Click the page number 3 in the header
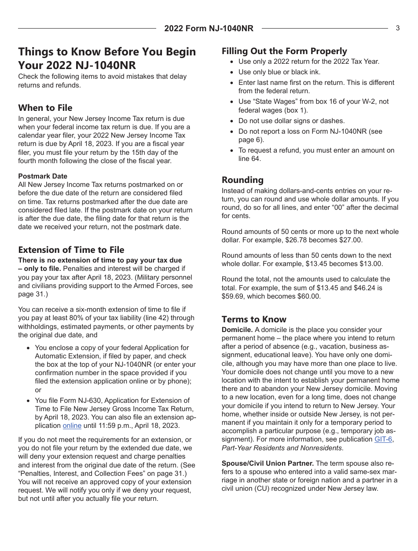[x=397, y=28]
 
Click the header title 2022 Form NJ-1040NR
[x=209, y=29]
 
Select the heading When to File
[x=45, y=108]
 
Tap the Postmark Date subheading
[x=43, y=176]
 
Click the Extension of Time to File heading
[x=71, y=250]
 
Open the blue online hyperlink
[x=72, y=426]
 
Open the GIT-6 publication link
[x=383, y=439]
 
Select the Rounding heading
[x=242, y=180]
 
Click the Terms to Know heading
[x=254, y=319]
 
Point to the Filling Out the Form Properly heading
[x=284, y=51]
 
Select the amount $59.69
[x=235, y=296]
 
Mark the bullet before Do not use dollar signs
[x=232, y=121]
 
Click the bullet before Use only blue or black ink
[x=232, y=72]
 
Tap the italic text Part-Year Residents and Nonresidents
[x=282, y=448]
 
